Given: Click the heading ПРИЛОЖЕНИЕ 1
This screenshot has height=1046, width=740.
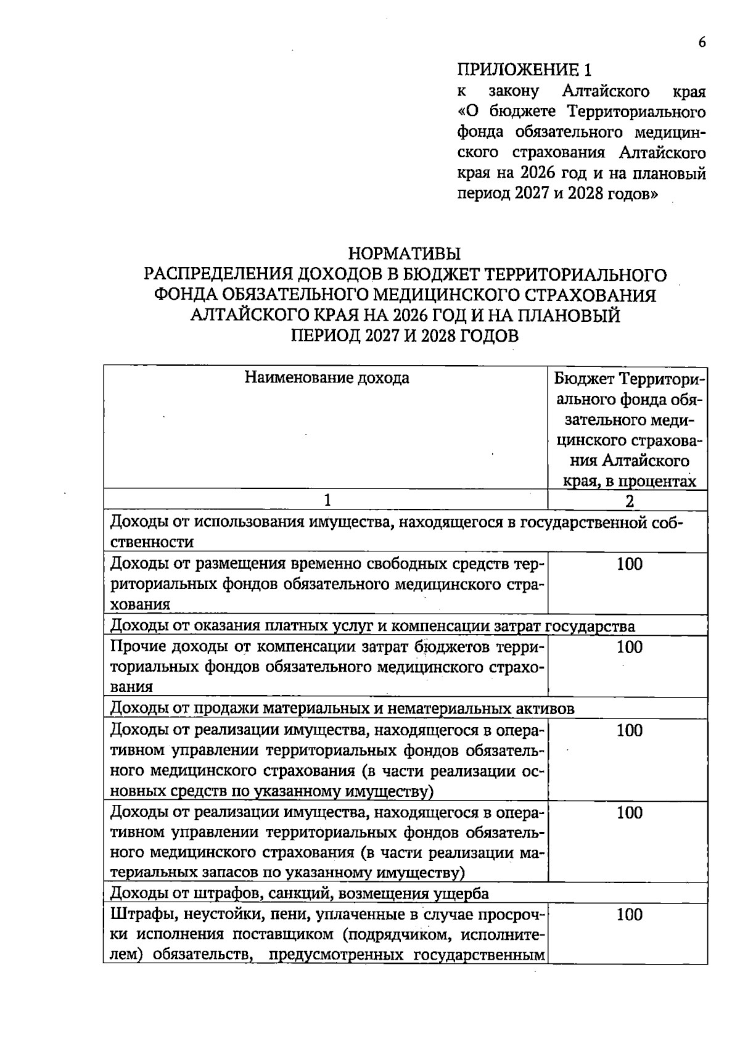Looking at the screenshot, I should (x=528, y=69).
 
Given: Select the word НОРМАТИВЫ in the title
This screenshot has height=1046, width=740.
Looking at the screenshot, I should (x=405, y=253).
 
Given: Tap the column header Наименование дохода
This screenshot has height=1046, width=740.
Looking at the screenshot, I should (x=327, y=377).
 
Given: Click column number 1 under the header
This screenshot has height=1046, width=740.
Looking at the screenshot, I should (x=327, y=500).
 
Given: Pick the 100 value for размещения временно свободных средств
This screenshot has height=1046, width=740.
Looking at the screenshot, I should (x=630, y=564).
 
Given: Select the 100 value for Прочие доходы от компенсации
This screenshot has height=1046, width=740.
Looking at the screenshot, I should (x=630, y=647).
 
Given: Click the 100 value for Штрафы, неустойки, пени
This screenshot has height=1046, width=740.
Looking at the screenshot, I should (x=630, y=915).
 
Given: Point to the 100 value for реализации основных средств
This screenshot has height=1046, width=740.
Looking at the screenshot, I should (x=630, y=730).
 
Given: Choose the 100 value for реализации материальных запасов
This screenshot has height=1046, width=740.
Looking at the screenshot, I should (x=630, y=812).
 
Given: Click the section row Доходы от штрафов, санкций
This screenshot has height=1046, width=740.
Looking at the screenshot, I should (x=300, y=894).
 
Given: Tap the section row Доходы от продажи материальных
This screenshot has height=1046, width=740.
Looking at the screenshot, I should (x=342, y=709).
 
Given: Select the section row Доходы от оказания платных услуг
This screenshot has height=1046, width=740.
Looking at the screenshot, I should (x=372, y=626).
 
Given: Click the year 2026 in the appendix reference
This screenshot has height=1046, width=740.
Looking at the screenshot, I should (x=536, y=174).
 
